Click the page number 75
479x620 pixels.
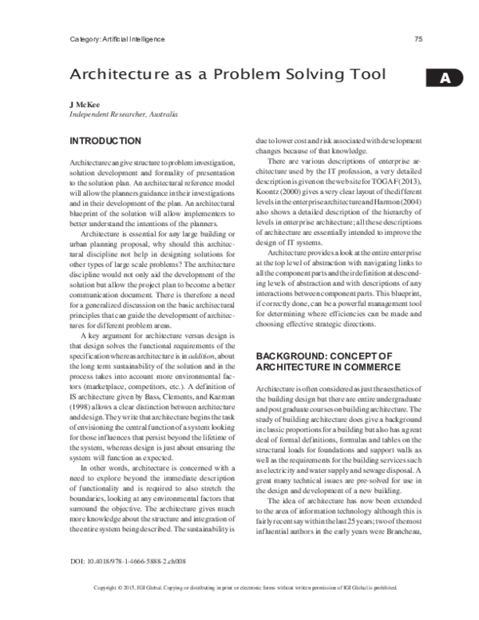[418, 39]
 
